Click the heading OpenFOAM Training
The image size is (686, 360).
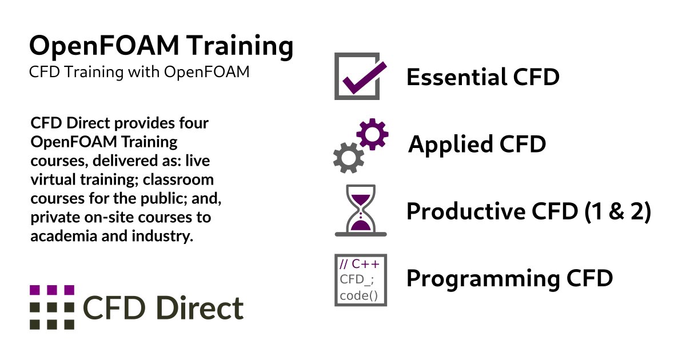click(161, 47)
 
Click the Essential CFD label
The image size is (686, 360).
click(482, 77)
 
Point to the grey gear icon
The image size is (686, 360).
click(348, 157)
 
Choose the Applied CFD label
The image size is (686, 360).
click(477, 145)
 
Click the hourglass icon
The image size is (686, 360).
click(361, 210)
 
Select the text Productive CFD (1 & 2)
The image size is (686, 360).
click(529, 211)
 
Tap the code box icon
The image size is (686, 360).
click(361, 280)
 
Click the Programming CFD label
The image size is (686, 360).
click(509, 279)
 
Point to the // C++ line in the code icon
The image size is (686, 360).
click(359, 265)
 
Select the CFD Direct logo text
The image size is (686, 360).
click(163, 309)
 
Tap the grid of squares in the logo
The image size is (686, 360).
click(52, 307)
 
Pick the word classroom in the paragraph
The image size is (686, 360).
click(178, 180)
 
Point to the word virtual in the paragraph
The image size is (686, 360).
click(50, 180)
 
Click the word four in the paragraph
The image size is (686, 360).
click(194, 123)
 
